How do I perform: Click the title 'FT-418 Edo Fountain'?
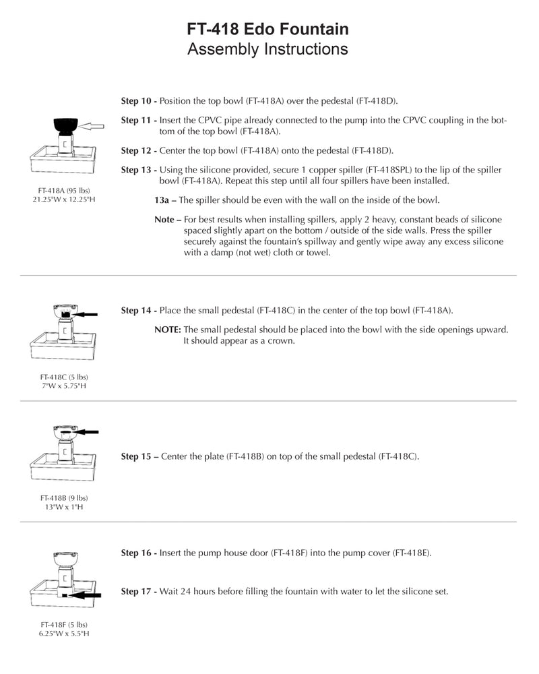point(268,30)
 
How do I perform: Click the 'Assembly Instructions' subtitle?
point(268,49)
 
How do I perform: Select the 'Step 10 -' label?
point(139,101)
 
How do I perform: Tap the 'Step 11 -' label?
point(139,121)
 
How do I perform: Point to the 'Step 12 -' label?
point(139,150)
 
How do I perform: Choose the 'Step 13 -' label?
point(139,170)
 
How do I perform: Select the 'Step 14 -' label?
point(139,311)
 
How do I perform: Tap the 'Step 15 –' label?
point(139,456)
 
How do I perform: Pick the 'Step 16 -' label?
point(139,553)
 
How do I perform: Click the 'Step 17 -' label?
point(139,592)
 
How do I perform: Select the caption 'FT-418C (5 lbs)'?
point(64,377)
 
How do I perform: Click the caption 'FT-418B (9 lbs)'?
point(64,497)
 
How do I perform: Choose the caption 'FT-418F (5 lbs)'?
point(64,624)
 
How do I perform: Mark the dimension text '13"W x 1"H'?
point(64,507)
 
